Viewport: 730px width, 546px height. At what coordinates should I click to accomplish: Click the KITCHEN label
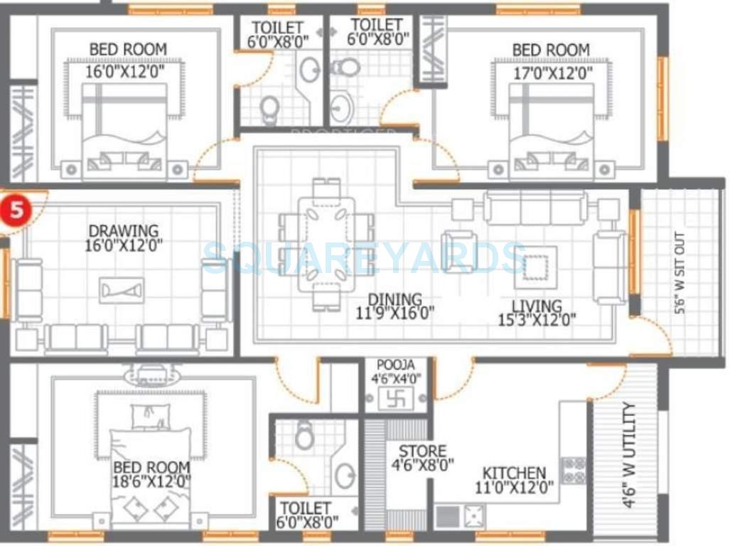pos(514,473)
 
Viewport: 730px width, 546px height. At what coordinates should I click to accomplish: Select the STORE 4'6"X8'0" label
pos(422,459)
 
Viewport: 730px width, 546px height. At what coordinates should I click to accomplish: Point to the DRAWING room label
pos(123,231)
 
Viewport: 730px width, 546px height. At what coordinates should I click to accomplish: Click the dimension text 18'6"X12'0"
pos(151,482)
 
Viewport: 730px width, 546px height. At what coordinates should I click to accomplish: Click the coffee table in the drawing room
pos(122,289)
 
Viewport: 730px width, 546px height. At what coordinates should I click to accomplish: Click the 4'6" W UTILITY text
pos(628,455)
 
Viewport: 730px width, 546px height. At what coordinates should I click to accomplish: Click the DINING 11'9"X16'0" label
pos(394,306)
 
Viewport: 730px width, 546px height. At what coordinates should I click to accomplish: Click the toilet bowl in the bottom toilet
pos(304,435)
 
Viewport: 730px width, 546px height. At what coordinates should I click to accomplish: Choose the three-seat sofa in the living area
pos(535,207)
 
